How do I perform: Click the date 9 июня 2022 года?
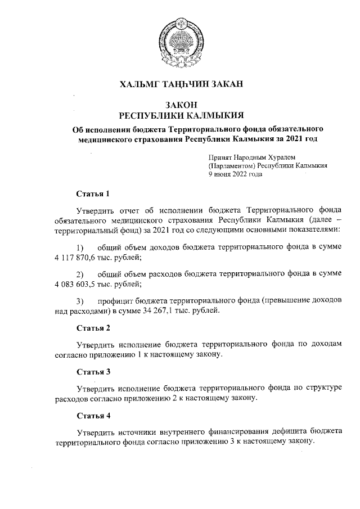(x=235, y=174)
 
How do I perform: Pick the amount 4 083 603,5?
(x=76, y=284)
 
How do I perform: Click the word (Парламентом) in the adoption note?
(x=232, y=166)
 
